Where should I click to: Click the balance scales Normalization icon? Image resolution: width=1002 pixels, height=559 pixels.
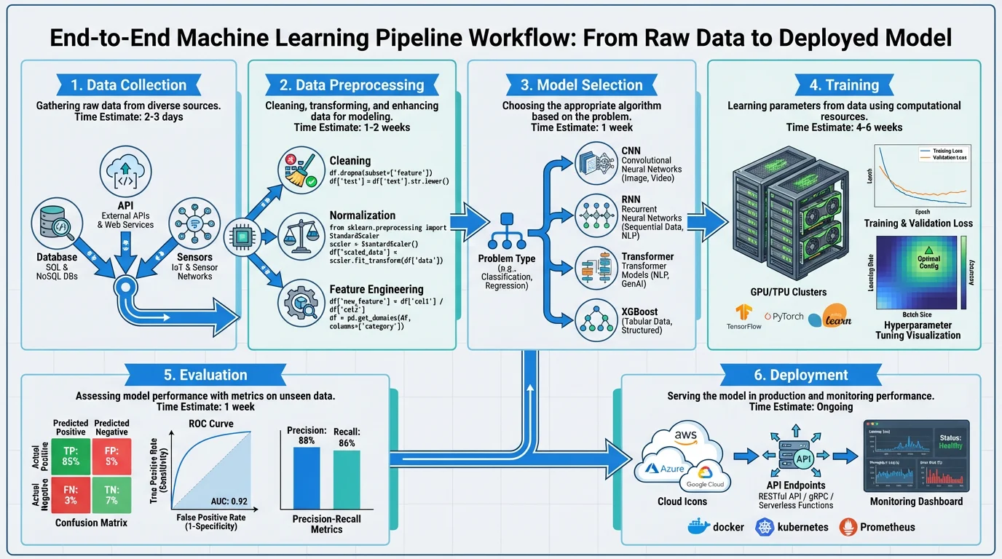(301, 235)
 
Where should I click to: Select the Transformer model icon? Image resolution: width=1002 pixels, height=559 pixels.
(596, 269)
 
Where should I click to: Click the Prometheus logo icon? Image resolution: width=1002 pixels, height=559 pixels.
(847, 526)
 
